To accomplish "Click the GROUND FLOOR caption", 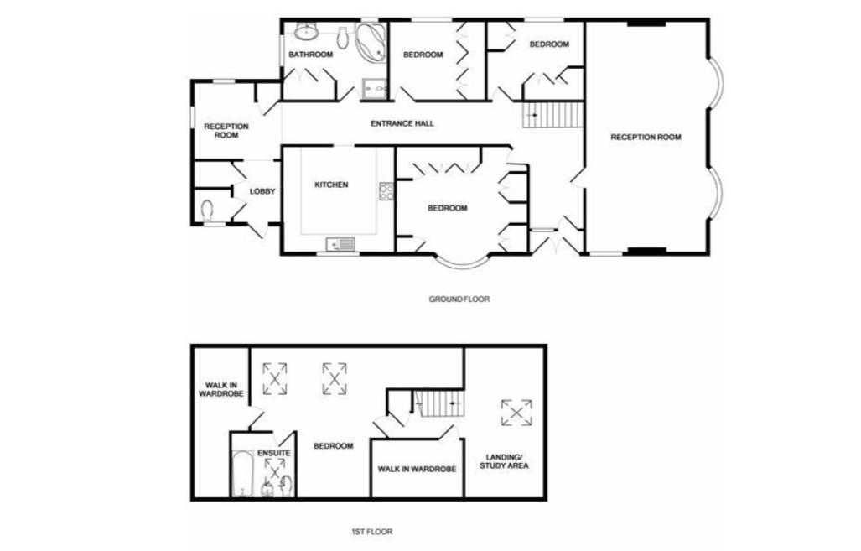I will pos(459,299).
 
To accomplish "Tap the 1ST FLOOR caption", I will pos(371,531).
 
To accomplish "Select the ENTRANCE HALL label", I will pos(402,123).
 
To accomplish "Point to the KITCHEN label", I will pos(330,185).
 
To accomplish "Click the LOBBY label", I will pos(262,191).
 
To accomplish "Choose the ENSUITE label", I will pos(273,453).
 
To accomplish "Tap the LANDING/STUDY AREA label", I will pos(503,460).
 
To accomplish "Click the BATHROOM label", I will pos(310,55).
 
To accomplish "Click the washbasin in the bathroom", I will pos(304,33).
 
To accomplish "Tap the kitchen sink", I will pos(342,244).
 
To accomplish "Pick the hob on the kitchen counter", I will pos(386,192).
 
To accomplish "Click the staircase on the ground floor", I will pos(552,113).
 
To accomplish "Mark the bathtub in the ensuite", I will pos(241,475).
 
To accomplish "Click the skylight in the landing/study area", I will pos(516,412).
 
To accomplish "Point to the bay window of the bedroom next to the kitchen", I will pos(462,261).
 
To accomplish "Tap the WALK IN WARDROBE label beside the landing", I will pos(417,470).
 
